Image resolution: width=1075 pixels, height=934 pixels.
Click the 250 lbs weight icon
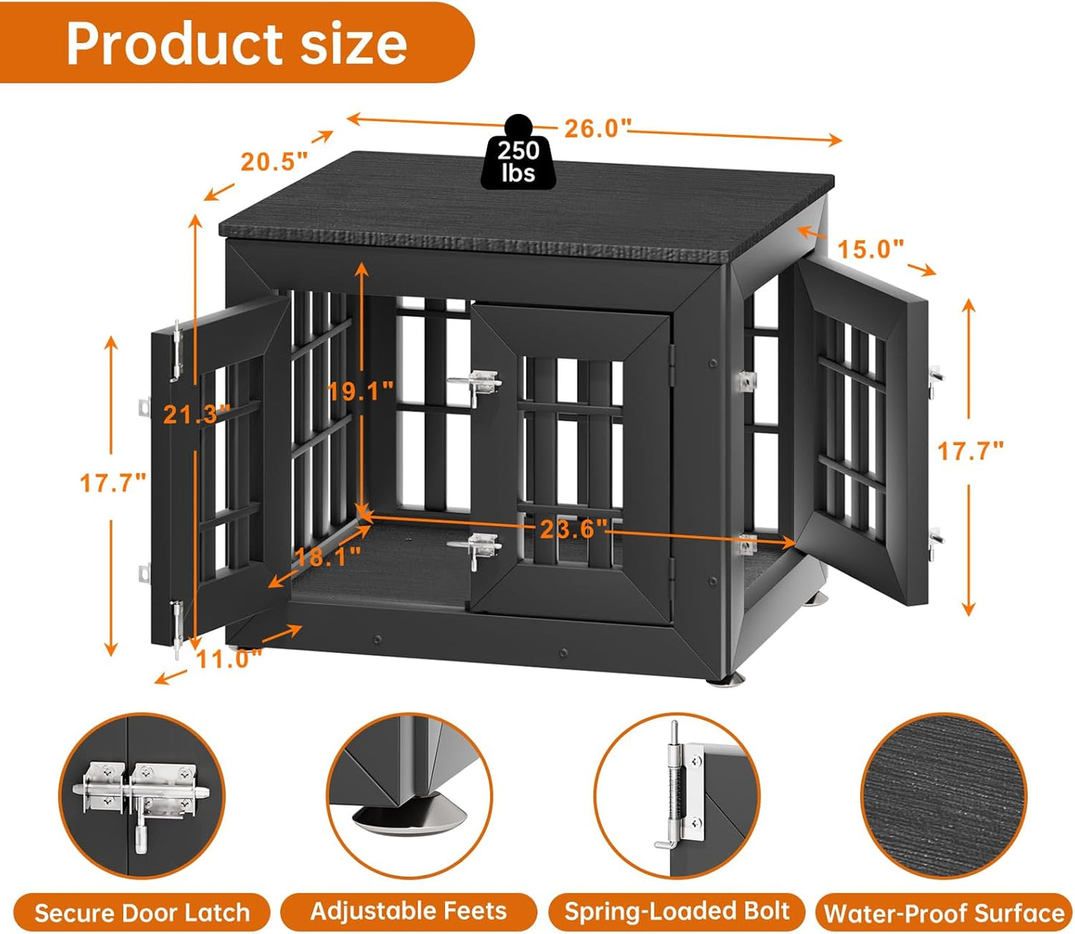(519, 153)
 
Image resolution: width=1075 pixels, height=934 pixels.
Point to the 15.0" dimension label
(870, 249)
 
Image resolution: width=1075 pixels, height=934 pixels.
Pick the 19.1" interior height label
(361, 390)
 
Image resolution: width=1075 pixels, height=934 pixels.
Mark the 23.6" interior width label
(574, 529)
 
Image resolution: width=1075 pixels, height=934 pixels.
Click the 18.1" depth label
(327, 556)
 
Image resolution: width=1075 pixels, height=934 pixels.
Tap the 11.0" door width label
(229, 659)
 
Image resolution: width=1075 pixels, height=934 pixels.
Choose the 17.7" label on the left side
(112, 483)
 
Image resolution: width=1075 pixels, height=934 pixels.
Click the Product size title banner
(237, 43)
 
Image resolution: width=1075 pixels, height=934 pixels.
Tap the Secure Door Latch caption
(141, 912)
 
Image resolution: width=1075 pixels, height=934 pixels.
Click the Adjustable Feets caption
(408, 911)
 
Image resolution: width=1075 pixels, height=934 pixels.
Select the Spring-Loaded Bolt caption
(676, 912)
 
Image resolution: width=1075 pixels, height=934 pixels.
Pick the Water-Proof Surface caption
(943, 913)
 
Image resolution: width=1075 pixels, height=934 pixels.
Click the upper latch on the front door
(475, 384)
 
